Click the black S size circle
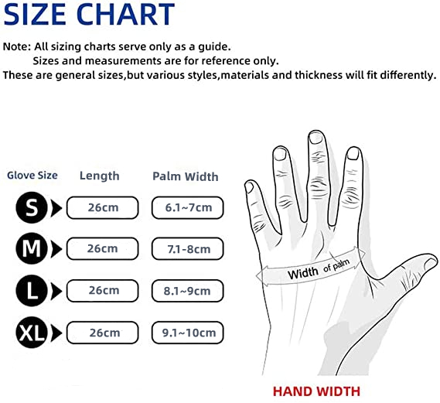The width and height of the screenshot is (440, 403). (x=32, y=207)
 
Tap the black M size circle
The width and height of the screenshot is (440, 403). (x=32, y=248)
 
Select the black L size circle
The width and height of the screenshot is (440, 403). (x=32, y=291)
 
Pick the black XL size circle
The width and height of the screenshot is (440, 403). (x=32, y=333)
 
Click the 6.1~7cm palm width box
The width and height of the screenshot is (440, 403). (x=187, y=207)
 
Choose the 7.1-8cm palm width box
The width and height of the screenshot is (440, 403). (x=187, y=248)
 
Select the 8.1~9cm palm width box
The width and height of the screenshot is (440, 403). (x=187, y=291)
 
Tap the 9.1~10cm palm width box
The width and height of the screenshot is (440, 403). (x=187, y=333)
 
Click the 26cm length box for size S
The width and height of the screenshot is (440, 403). (x=102, y=207)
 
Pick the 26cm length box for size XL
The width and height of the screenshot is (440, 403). (x=102, y=333)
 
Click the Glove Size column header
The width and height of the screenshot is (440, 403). (x=32, y=176)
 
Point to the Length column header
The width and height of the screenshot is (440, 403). (x=100, y=176)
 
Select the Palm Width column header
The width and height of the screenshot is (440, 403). (x=186, y=176)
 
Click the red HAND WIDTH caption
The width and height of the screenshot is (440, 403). (x=316, y=391)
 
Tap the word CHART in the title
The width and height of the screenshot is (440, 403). (x=125, y=14)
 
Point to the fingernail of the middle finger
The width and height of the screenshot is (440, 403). (x=316, y=138)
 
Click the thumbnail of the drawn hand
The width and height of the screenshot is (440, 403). (x=431, y=264)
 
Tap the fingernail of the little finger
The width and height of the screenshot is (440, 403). (x=249, y=187)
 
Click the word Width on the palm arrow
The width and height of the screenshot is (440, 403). (x=303, y=273)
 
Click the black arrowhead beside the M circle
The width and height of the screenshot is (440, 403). (x=56, y=249)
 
